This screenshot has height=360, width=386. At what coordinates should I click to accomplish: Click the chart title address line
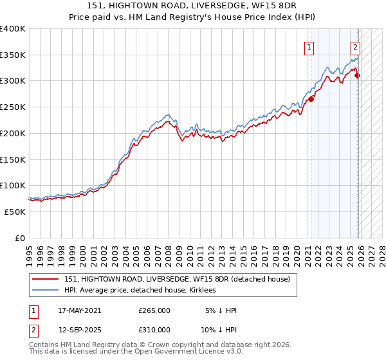point(193,5)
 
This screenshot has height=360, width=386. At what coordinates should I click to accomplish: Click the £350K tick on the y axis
point(13,55)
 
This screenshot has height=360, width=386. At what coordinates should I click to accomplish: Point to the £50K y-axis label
point(15,212)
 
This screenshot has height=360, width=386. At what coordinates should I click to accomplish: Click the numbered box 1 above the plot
point(309,46)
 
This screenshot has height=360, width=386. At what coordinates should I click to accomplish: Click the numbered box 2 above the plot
point(355,46)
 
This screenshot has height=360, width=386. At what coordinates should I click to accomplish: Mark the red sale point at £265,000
point(311,99)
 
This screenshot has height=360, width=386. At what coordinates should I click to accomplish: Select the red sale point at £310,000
point(358,75)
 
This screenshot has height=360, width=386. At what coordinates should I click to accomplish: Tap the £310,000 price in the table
point(154,329)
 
